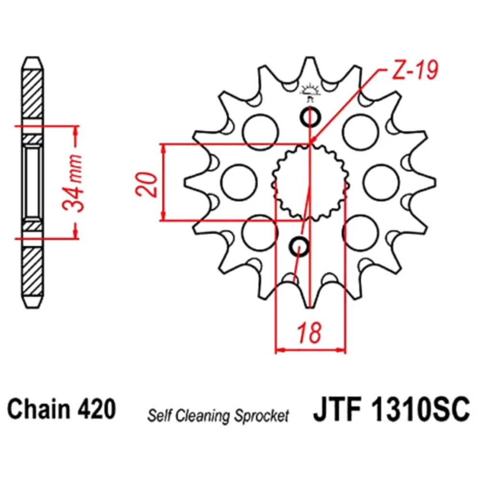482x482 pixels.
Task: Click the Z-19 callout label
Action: click(x=415, y=70)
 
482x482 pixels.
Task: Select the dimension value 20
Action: click(x=147, y=184)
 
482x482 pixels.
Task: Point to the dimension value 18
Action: click(x=309, y=333)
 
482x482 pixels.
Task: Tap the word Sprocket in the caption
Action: click(x=262, y=416)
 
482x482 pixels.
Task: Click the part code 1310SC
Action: click(x=420, y=409)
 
